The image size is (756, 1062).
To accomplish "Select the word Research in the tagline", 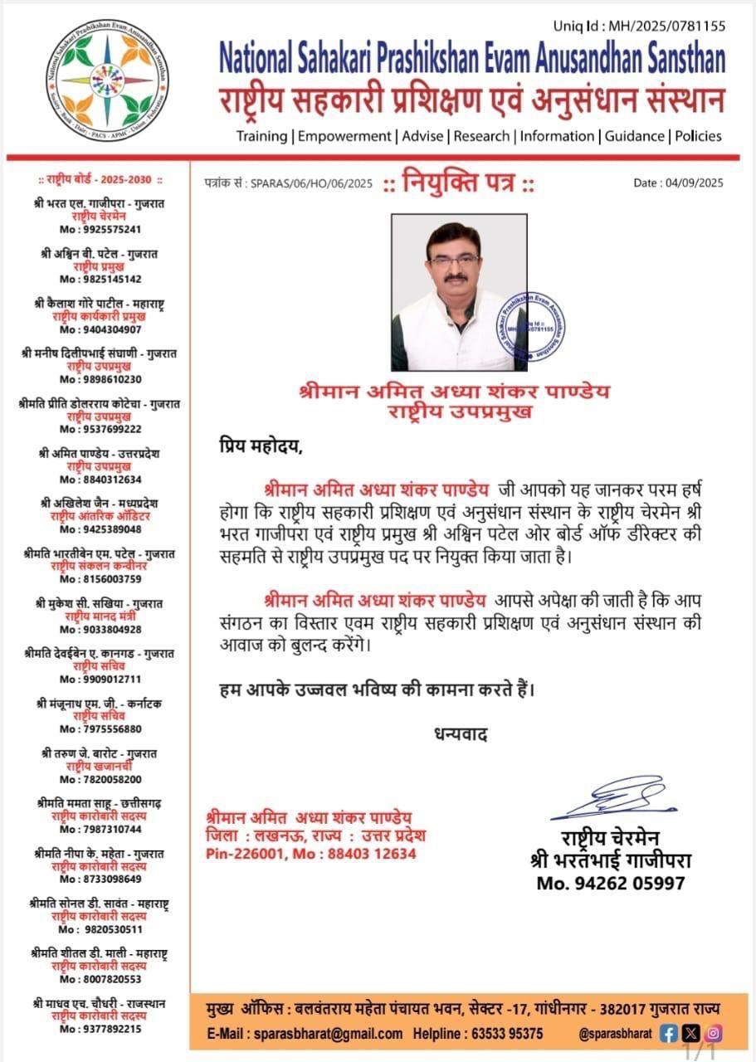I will (x=482, y=136).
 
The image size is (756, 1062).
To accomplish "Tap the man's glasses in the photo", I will (x=454, y=261).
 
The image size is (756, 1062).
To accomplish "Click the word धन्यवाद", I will (x=460, y=733).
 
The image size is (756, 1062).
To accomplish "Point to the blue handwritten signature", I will (x=613, y=797).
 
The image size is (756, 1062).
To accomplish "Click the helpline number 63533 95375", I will (x=504, y=1034).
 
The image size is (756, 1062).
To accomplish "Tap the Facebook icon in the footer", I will (x=669, y=1034).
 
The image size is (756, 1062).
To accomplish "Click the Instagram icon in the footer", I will (x=713, y=1034).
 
